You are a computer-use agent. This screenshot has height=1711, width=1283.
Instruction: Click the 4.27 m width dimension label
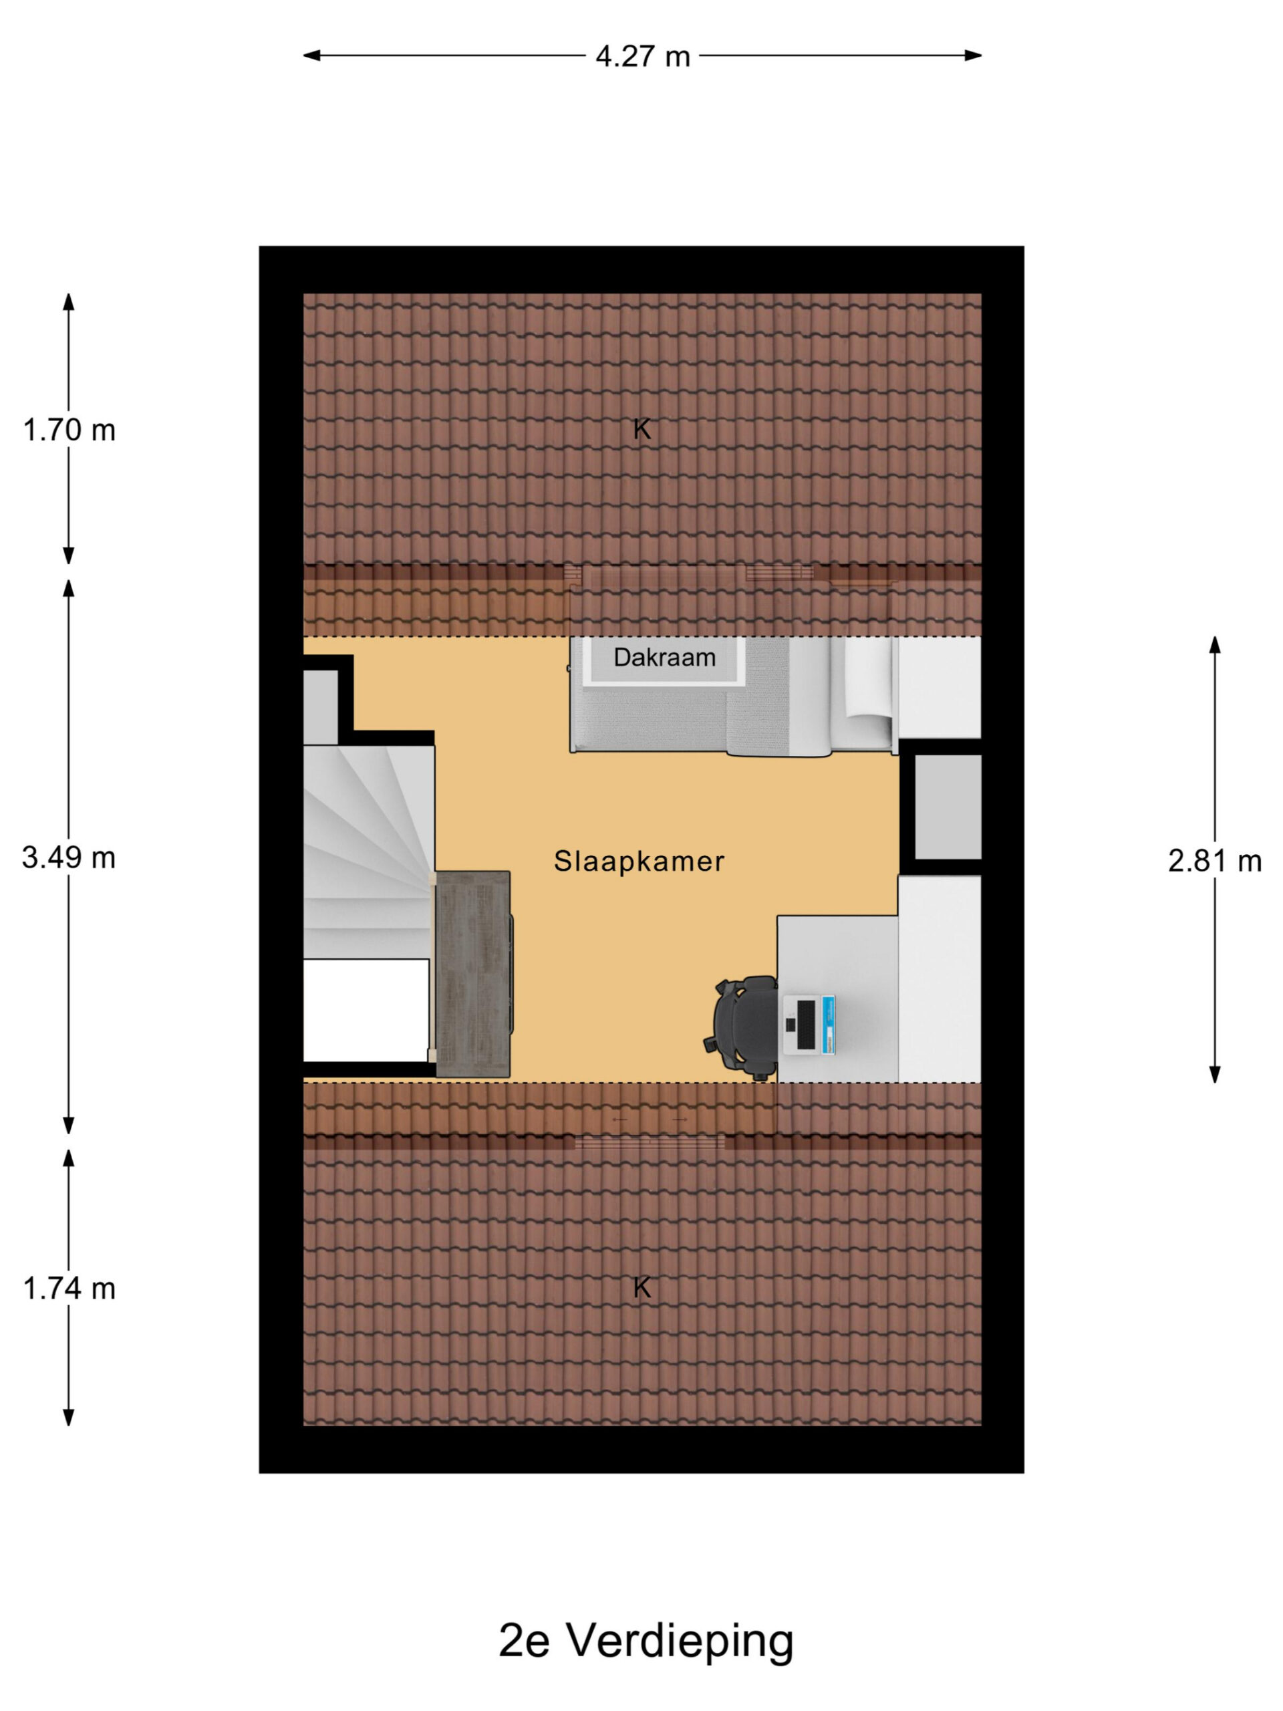pyautogui.click(x=642, y=56)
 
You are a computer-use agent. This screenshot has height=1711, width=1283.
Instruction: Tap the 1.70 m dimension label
pyautogui.click(x=69, y=429)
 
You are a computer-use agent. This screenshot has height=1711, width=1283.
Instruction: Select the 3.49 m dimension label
pyautogui.click(x=69, y=857)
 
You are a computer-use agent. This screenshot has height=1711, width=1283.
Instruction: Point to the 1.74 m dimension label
pyautogui.click(x=69, y=1288)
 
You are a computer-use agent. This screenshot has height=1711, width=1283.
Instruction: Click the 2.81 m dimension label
pyautogui.click(x=1214, y=860)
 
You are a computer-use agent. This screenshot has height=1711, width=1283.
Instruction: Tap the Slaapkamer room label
pyautogui.click(x=639, y=861)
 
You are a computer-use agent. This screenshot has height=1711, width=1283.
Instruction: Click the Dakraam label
pyautogui.click(x=664, y=658)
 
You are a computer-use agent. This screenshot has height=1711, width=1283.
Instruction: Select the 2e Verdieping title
pyautogui.click(x=646, y=1641)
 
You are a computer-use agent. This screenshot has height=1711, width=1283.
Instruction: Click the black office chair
pyautogui.click(x=742, y=1027)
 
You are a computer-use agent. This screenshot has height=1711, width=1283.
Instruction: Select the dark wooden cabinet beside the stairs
pyautogui.click(x=472, y=974)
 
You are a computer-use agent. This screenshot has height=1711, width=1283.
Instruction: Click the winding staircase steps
pyautogui.click(x=367, y=851)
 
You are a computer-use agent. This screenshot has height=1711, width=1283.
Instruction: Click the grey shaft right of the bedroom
pyautogui.click(x=948, y=807)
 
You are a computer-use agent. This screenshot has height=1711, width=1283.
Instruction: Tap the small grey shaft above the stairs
pyautogui.click(x=320, y=708)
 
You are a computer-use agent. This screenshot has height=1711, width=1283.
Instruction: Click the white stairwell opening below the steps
pyautogui.click(x=366, y=1010)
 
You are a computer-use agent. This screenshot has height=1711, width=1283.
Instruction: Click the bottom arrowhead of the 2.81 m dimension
pyautogui.click(x=1214, y=1073)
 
